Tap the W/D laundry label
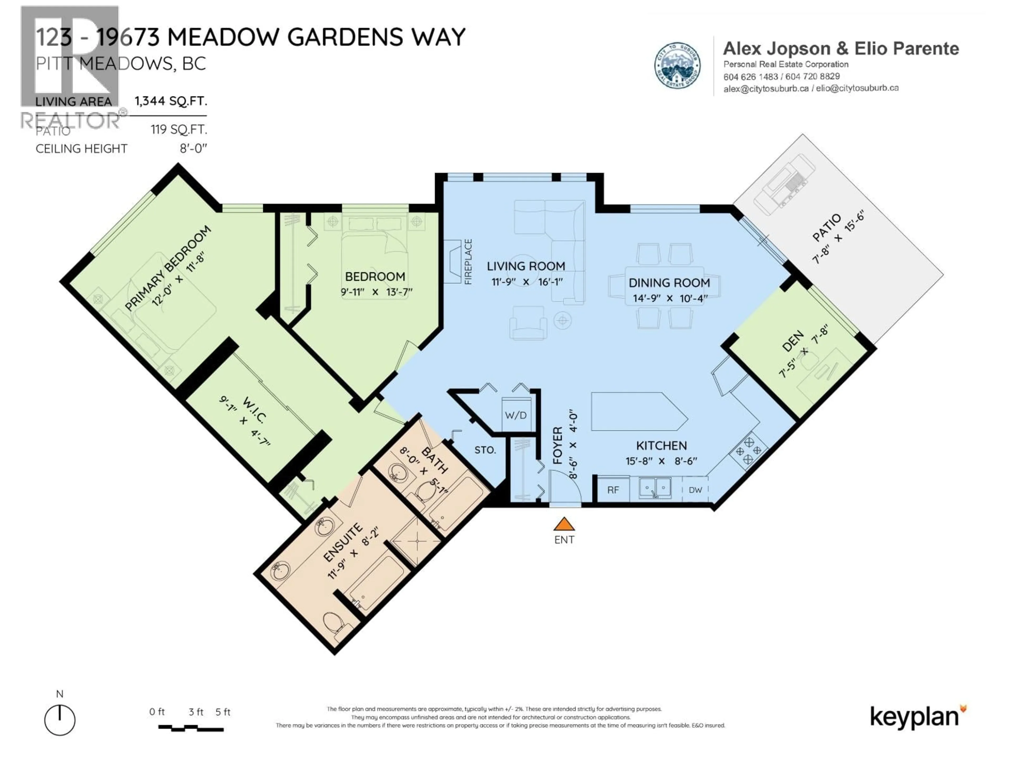tap(516, 415)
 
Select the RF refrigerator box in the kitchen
tap(613, 490)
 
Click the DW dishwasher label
tap(695, 490)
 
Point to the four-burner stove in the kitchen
tap(748, 451)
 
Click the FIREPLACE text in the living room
tap(468, 262)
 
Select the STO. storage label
tap(485, 450)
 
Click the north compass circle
tap(60, 720)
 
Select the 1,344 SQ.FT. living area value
tap(171, 101)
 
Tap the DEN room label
tap(792, 341)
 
